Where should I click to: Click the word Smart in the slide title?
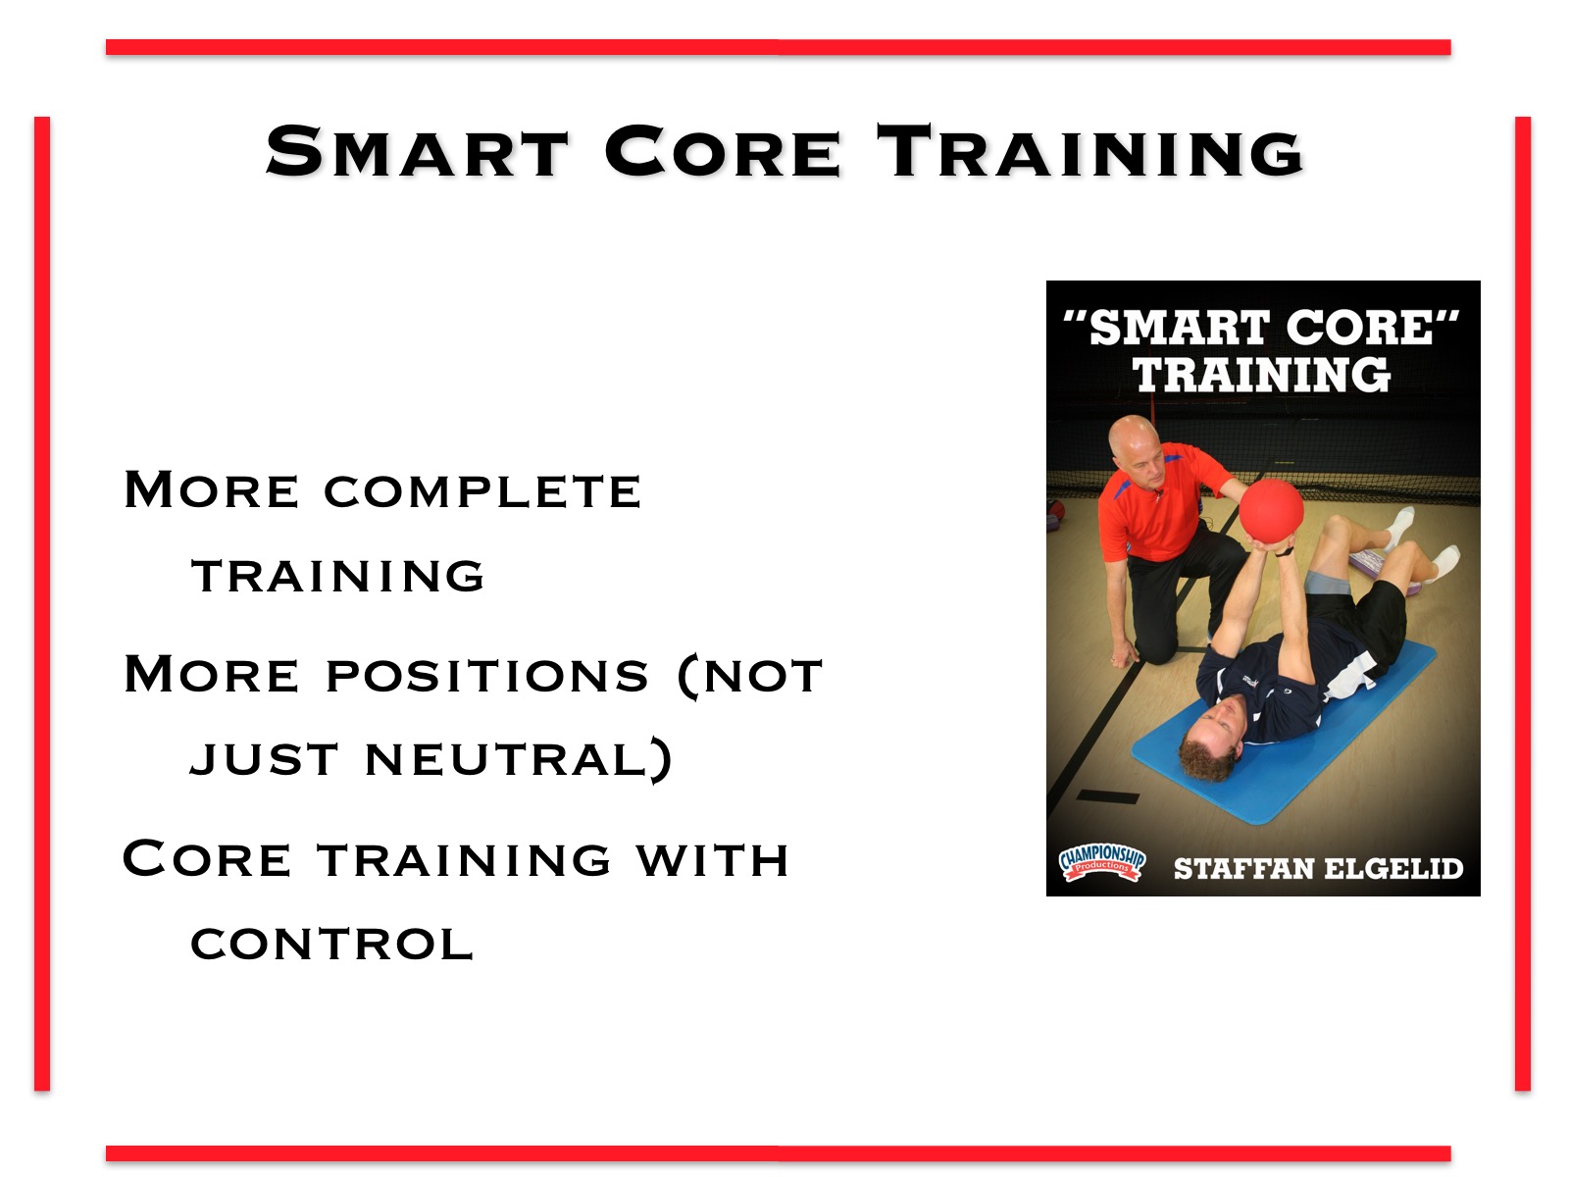tap(416, 150)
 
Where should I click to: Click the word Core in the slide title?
tap(723, 150)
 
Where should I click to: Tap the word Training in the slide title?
tap(1090, 150)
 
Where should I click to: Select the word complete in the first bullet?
tap(482, 491)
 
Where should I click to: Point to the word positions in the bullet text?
tap(487, 676)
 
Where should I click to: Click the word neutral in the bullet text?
tap(519, 759)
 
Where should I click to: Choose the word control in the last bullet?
tap(331, 944)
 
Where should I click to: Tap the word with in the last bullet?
tap(713, 859)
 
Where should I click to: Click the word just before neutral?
tap(264, 759)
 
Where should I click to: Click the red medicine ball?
tap(1271, 510)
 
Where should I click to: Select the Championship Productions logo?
tap(1102, 864)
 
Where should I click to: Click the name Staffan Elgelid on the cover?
tap(1318, 869)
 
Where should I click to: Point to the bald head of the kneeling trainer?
tap(1132, 435)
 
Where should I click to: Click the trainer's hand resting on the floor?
tap(1125, 654)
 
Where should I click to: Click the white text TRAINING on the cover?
tap(1262, 375)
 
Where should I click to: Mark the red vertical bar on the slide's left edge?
tap(42, 603)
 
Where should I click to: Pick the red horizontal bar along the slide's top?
tap(779, 47)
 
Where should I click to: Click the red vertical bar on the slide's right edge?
tap(1523, 603)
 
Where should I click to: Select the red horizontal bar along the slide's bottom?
tap(779, 1153)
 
